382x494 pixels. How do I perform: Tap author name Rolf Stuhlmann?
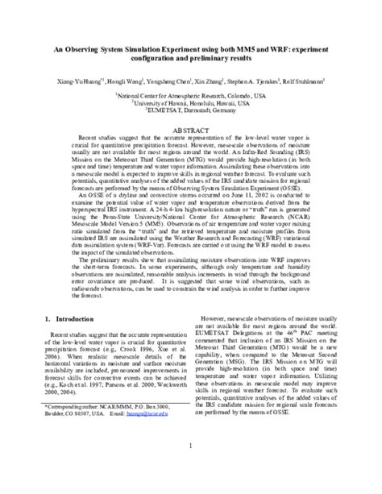305,82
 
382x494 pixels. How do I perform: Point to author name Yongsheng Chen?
168,82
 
